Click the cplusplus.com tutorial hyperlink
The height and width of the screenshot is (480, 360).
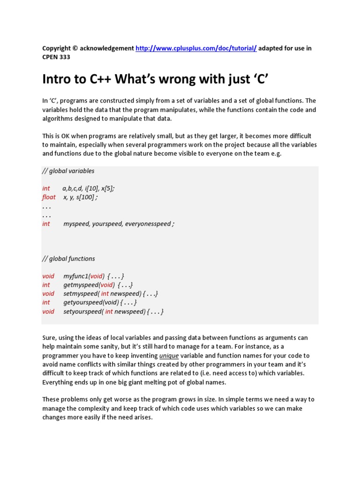point(196,48)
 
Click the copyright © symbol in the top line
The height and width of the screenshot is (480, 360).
point(75,48)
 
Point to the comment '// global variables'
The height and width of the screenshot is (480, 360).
point(68,171)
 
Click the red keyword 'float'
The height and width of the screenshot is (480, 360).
point(49,197)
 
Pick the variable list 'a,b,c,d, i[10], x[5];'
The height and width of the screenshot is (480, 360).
point(89,188)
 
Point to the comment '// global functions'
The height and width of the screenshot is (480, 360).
point(68,259)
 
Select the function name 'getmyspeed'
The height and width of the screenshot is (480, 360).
point(81,285)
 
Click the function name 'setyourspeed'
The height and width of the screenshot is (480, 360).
point(82,312)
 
